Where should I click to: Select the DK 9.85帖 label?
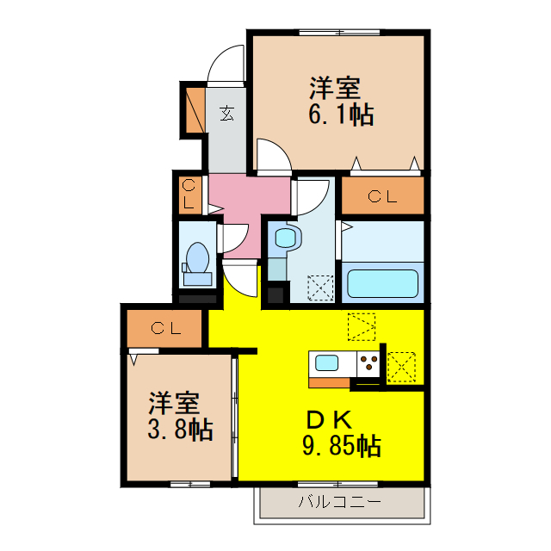[341, 433]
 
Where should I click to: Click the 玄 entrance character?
[226, 112]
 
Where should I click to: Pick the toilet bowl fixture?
[197, 258]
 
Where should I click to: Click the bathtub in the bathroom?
[381, 282]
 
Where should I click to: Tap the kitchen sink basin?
[326, 362]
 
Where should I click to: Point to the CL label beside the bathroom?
[383, 196]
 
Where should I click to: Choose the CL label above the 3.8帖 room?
[164, 328]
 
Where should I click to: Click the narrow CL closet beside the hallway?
[189, 195]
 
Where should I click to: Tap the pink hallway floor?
[250, 202]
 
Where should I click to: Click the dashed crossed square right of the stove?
[401, 365]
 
